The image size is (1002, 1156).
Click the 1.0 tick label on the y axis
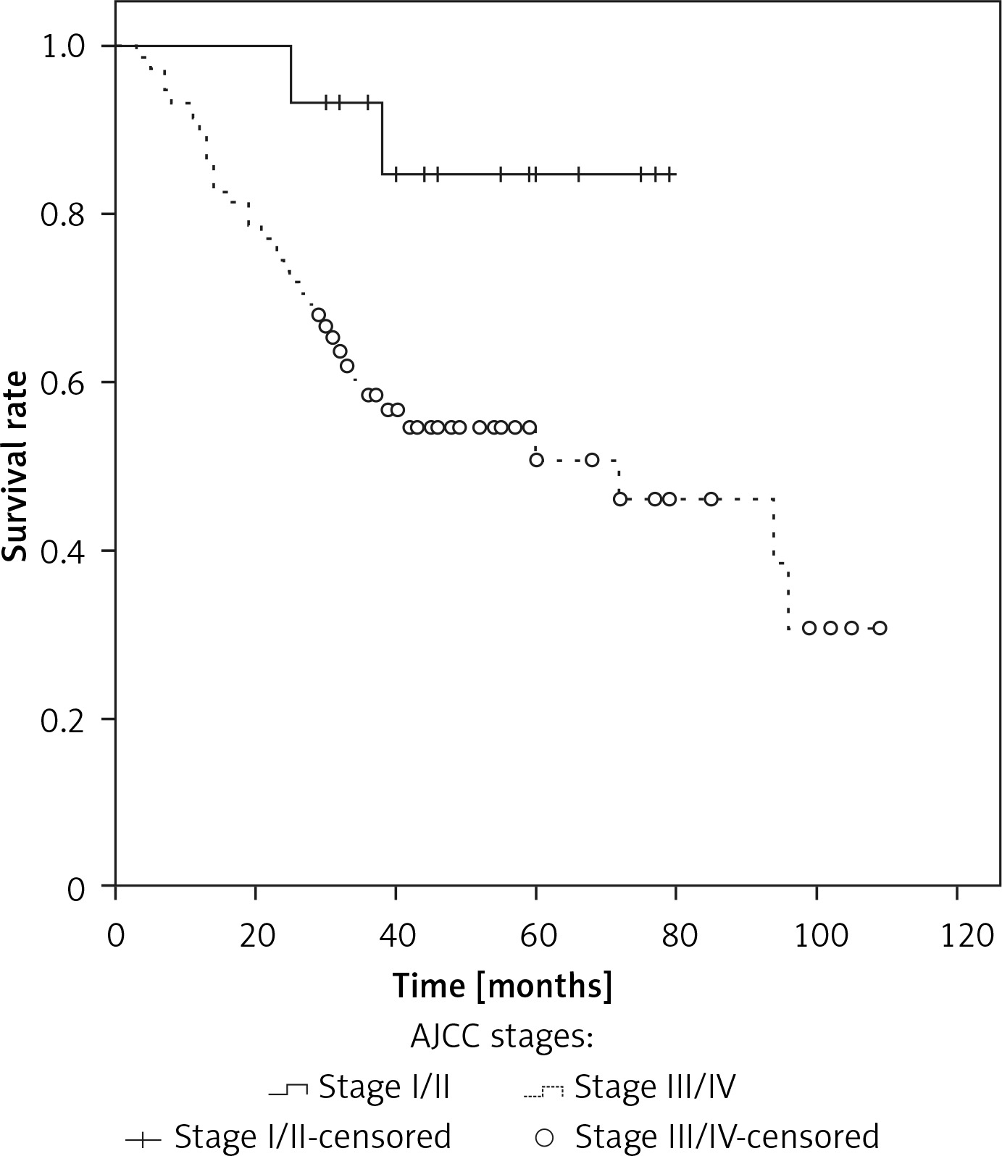64,46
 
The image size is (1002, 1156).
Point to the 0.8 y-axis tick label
64,215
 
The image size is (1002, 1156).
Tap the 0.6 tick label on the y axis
64,383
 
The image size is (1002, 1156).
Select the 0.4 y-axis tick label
64,551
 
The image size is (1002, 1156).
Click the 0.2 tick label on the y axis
64,719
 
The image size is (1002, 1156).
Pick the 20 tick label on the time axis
256,936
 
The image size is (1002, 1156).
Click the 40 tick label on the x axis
396,936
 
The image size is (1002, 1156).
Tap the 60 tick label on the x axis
536,936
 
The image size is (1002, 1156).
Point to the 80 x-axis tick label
677,936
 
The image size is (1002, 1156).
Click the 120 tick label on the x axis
958,936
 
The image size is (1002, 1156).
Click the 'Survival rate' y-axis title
15,466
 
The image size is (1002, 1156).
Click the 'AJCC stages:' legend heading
502,1037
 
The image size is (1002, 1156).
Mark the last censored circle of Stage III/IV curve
880,628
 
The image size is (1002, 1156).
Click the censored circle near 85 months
711,499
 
